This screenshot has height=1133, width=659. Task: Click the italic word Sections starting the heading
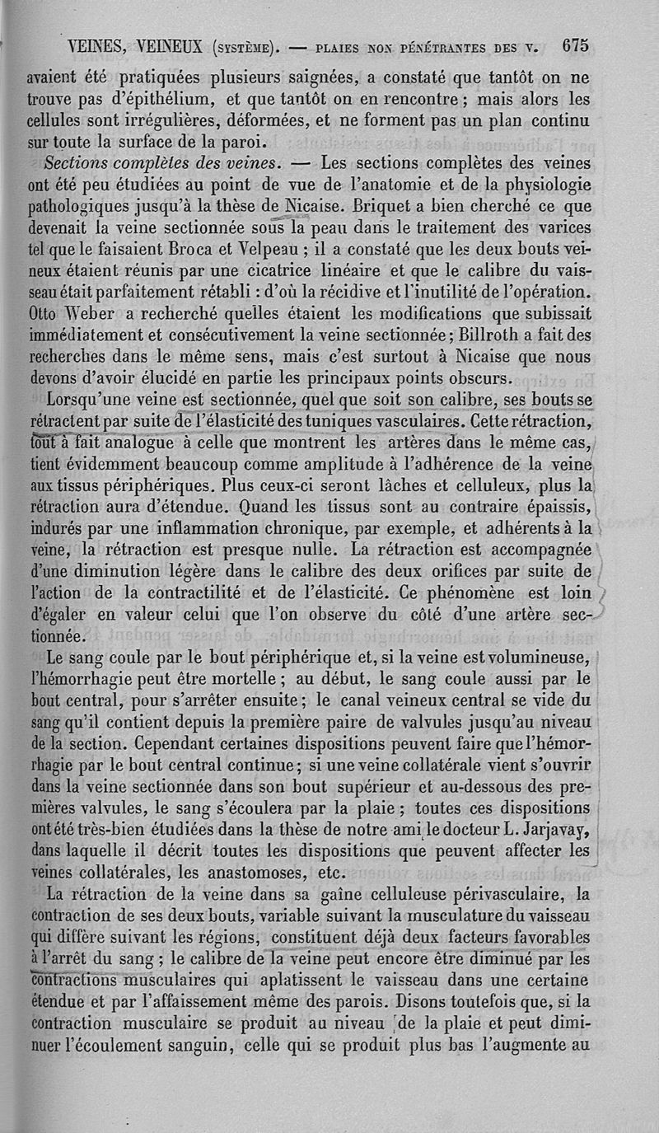click(82, 159)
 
